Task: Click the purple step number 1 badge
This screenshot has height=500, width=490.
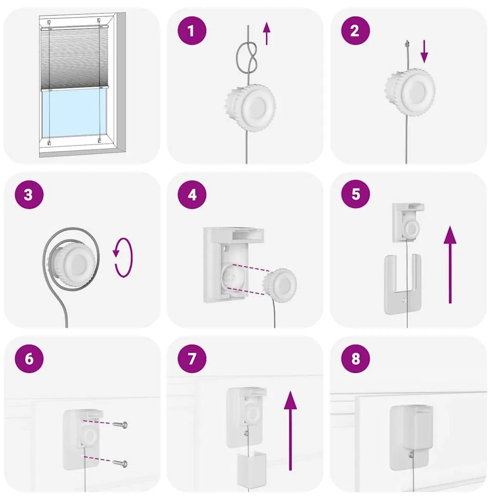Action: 192,30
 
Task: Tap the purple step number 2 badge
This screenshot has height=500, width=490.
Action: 355,30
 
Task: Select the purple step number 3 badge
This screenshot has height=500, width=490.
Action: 29,195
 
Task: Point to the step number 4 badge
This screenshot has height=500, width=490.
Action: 192,195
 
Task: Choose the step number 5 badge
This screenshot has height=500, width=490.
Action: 356,194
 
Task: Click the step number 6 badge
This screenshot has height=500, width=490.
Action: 29,358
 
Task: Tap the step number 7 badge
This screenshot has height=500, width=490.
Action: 192,358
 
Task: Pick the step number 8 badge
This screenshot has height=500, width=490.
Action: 356,358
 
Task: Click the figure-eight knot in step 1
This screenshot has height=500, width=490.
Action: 247,58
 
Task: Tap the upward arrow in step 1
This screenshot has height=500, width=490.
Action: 267,33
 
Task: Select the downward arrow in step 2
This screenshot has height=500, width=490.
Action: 424,51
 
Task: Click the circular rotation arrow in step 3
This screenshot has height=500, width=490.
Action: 123,258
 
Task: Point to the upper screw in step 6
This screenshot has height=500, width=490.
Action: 120,425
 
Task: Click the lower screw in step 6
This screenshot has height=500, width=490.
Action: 120,463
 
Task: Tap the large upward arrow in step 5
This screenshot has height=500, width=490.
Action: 450,265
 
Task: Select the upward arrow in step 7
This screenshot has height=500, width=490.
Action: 290,431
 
